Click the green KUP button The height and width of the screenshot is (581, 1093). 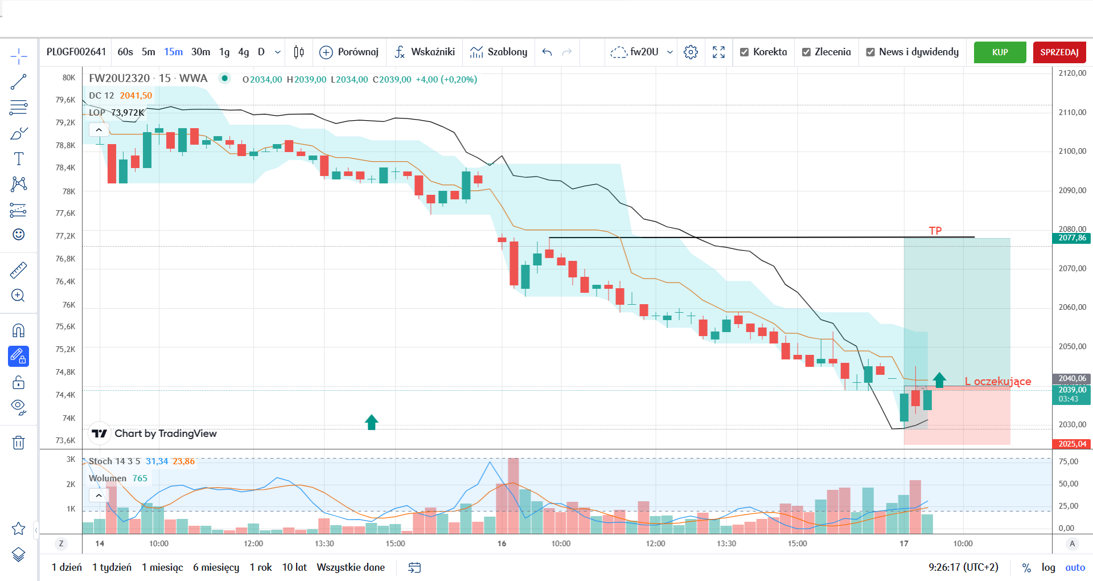1000,52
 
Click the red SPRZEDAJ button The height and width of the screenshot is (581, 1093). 1059,52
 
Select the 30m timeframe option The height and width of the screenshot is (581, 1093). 200,52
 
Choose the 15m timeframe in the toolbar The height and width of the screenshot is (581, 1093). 173,52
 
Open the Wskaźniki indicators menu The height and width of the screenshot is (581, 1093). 425,52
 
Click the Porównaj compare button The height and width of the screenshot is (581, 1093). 349,52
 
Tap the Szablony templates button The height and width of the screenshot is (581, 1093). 499,52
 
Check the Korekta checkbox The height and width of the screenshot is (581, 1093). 744,52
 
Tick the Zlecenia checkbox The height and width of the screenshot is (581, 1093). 806,52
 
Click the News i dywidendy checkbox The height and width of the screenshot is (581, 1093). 870,52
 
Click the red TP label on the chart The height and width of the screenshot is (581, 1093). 935,231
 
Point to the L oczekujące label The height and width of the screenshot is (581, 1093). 998,382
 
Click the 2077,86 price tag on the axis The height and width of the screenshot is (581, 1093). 1072,238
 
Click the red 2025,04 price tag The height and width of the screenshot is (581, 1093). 1072,444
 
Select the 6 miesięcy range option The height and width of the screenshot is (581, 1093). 216,567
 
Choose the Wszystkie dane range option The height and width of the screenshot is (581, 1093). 351,567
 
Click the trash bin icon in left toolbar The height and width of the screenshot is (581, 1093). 18,443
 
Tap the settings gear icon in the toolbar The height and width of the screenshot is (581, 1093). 691,52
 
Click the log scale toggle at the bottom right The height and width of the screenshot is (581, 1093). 1048,567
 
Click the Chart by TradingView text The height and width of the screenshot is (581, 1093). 166,433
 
